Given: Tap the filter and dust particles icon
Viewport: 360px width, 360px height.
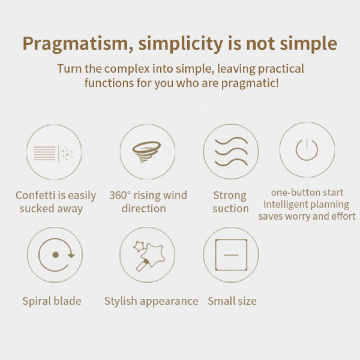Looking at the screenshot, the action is click(54, 153).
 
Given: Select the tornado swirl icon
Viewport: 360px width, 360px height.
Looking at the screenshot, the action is click(147, 151).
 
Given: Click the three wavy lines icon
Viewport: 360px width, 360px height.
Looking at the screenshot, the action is click(231, 151).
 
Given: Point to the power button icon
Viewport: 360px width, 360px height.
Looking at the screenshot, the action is click(307, 149).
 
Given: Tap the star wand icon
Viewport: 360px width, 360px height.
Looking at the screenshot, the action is click(149, 256).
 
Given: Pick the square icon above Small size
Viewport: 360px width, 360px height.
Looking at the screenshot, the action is click(231, 255).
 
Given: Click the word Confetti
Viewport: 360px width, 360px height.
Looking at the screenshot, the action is click(35, 195).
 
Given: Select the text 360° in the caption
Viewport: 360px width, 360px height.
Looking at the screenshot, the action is click(120, 195).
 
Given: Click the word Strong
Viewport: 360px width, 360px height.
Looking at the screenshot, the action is click(230, 196).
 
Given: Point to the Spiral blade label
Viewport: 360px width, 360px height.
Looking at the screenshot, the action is click(52, 301).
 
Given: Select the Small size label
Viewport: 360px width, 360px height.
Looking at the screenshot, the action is click(232, 301).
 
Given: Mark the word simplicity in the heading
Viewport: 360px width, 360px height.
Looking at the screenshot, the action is click(180, 44).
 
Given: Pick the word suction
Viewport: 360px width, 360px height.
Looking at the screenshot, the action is click(231, 209).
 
